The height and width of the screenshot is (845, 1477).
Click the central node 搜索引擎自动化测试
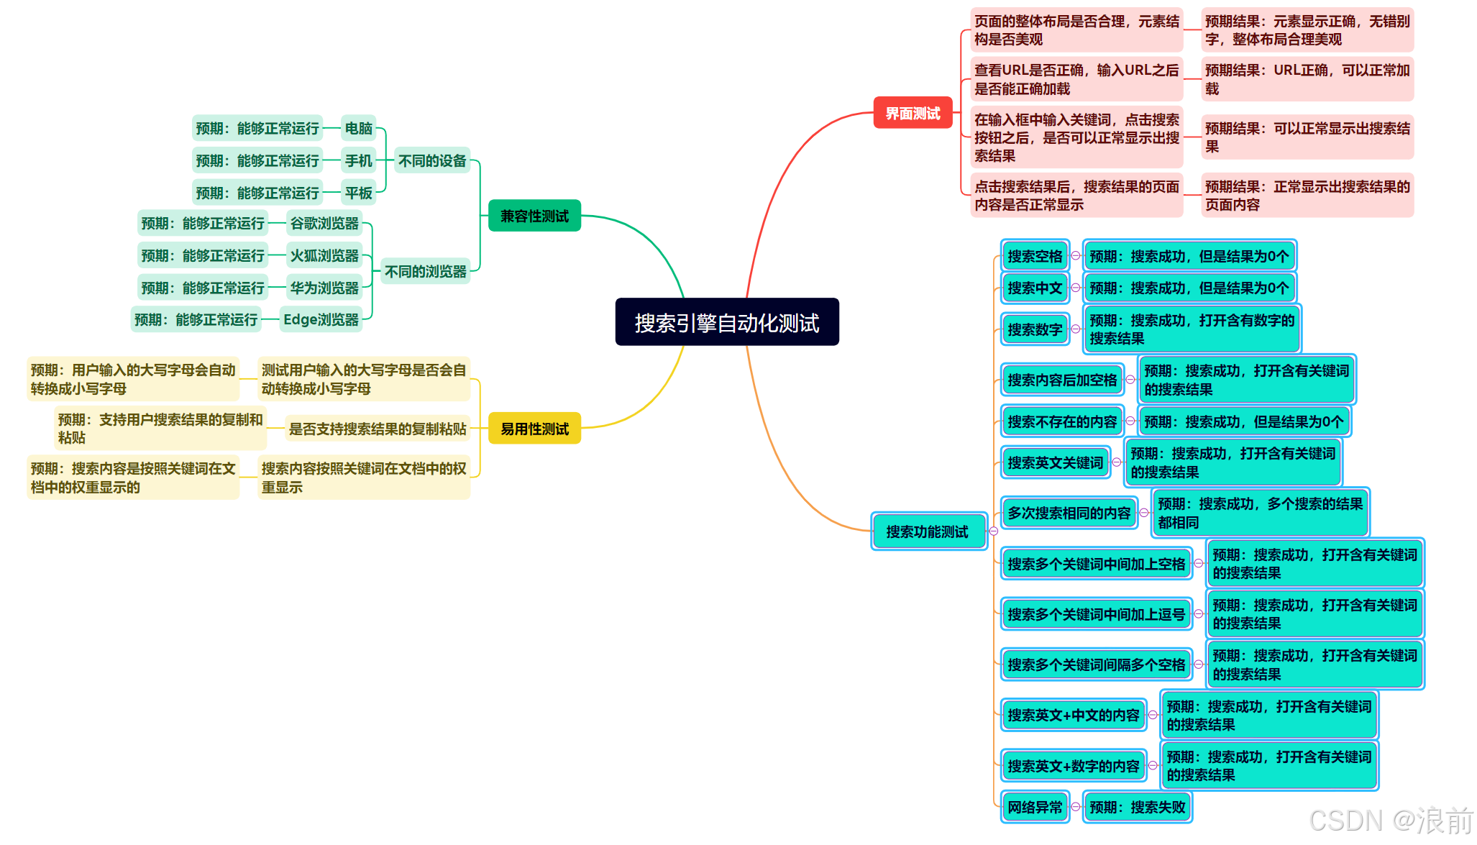coord(726,322)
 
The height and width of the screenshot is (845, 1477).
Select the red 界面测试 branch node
coord(913,113)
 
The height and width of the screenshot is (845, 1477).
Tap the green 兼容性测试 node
coord(534,216)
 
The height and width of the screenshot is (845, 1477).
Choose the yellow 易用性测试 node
coord(534,429)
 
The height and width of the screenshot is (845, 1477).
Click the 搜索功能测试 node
coord(927,531)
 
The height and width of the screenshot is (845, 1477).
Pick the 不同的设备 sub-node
coord(432,160)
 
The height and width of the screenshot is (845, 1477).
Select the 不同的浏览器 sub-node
coord(425,271)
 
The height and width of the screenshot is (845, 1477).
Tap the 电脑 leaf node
coord(358,128)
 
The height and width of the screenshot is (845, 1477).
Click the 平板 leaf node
coord(358,193)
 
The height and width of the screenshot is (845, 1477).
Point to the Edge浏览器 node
coord(321,319)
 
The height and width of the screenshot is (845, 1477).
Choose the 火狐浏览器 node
coord(324,255)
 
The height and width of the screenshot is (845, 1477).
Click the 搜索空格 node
coord(1034,256)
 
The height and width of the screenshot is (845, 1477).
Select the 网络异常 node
coord(1034,807)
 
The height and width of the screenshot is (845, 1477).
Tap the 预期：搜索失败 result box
coord(1137,807)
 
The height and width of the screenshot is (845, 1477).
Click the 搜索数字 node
coord(1034,329)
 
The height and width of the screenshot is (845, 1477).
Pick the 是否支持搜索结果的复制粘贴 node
coord(378,429)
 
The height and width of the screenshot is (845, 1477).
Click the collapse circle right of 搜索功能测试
coord(994,531)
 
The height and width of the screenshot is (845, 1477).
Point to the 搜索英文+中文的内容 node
coord(1073,715)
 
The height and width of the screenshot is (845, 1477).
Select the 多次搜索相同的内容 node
coord(1069,513)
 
